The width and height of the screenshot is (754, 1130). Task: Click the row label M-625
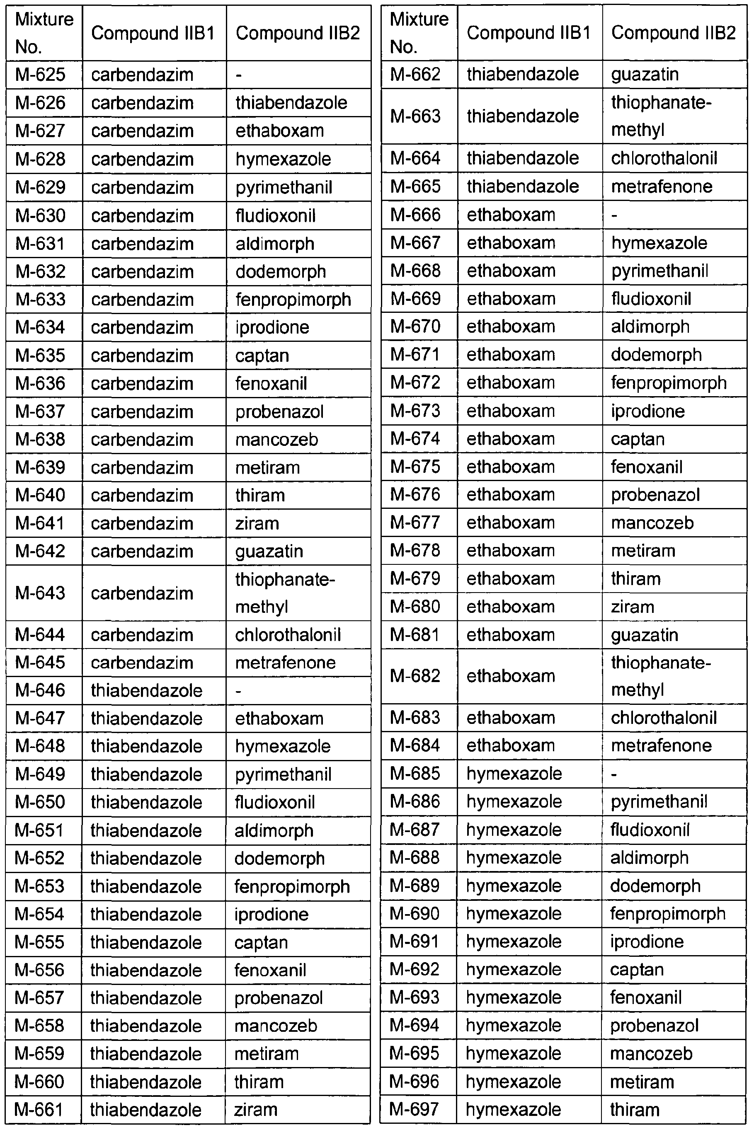point(40,75)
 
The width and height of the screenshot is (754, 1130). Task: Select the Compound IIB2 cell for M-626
point(291,103)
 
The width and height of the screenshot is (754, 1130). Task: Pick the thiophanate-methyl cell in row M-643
point(285,593)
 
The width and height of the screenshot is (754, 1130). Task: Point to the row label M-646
point(40,690)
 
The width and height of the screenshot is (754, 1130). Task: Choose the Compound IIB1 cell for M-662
point(523,75)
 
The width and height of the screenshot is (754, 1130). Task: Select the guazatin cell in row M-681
point(645,635)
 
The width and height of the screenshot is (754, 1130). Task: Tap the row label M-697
point(414,1109)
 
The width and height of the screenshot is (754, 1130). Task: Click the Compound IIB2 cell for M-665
point(661,186)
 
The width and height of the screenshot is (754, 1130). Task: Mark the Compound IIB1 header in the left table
point(153,33)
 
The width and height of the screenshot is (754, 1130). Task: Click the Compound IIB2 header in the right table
point(673,33)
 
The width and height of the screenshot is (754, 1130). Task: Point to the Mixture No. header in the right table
point(419,33)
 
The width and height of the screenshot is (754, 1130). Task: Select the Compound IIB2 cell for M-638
point(276,439)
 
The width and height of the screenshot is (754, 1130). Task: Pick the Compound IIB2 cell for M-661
point(255,1109)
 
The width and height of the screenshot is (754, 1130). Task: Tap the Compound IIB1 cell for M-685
point(514,773)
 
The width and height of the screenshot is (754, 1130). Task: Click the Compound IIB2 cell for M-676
point(655,495)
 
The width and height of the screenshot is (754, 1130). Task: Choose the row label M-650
point(40,802)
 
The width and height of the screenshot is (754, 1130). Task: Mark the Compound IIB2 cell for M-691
point(647,941)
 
